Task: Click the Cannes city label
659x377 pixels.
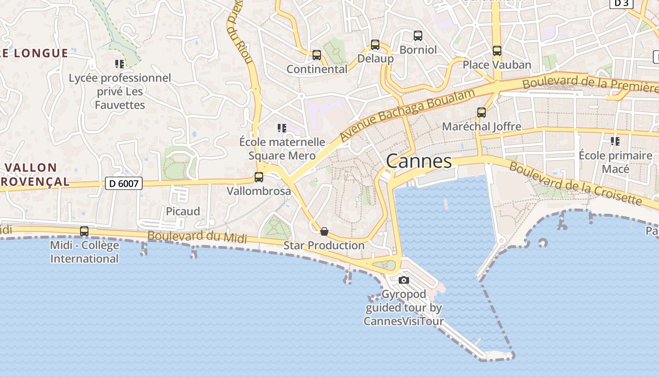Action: point(419,161)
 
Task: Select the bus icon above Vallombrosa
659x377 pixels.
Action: point(259,177)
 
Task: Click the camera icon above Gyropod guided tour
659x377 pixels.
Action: point(403,280)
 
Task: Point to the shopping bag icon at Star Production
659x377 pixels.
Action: point(324,231)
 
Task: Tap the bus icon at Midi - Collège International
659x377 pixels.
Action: point(84,231)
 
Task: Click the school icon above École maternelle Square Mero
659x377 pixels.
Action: point(282,128)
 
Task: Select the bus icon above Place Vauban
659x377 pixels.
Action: point(497,51)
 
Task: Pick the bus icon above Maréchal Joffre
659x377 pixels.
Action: point(481,113)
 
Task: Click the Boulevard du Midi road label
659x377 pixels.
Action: point(197,237)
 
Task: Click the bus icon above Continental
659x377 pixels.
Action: point(317,55)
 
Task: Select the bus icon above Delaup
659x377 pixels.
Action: point(375,45)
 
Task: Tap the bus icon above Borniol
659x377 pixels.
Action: point(418,36)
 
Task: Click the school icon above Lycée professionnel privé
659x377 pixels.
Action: point(120,64)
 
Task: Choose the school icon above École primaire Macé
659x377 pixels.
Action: point(615,141)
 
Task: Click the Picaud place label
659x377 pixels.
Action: point(183,211)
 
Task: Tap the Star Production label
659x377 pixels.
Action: point(324,246)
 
